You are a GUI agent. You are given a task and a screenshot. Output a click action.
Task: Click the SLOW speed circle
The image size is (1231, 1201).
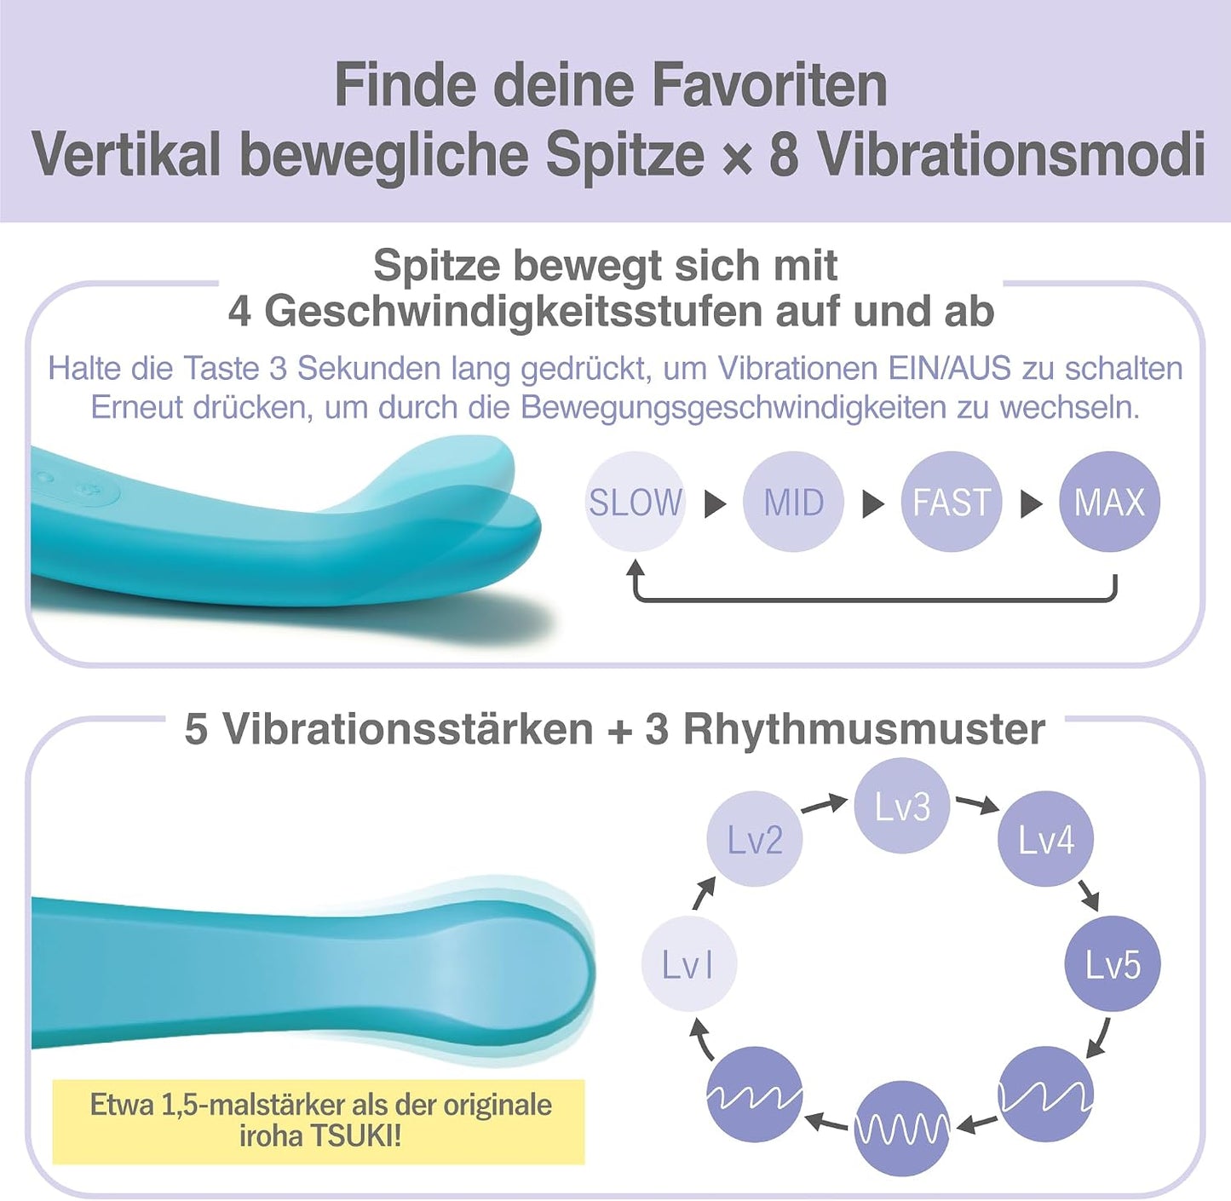(636, 503)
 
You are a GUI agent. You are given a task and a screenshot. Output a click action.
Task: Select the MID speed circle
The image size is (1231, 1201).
(793, 503)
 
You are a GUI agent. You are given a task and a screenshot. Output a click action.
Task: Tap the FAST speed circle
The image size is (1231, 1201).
(952, 503)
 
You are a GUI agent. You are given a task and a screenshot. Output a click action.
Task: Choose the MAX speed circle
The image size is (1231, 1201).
(1109, 503)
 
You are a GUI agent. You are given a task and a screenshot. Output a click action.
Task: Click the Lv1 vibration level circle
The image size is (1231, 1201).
(689, 964)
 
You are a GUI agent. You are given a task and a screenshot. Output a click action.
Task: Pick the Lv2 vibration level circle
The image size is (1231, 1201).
(755, 839)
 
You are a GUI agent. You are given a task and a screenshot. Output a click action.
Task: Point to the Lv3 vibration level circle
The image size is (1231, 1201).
(902, 806)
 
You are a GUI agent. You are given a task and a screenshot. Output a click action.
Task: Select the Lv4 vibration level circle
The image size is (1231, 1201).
(1045, 839)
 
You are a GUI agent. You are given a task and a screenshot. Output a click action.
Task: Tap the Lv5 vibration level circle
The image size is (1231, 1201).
(1113, 964)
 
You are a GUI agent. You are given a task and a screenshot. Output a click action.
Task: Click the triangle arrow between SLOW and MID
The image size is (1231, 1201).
(715, 503)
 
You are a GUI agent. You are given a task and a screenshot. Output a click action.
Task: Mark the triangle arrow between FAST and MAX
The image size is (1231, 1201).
(1031, 503)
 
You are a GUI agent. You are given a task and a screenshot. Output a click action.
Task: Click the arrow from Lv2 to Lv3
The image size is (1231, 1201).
(825, 804)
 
